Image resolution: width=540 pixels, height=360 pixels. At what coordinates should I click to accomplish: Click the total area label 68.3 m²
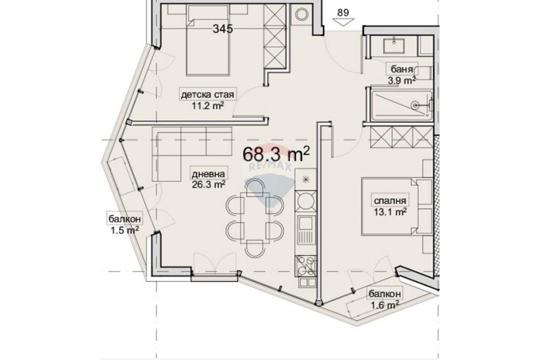(x=276, y=154)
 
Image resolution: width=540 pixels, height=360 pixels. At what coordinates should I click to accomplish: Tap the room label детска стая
(x=208, y=94)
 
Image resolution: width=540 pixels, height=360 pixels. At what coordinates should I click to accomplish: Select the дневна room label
(x=208, y=174)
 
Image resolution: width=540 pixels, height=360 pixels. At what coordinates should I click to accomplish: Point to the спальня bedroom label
(x=390, y=200)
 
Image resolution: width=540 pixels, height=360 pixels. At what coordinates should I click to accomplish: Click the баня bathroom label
(x=402, y=69)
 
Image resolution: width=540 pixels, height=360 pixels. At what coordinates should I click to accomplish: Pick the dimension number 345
(x=222, y=29)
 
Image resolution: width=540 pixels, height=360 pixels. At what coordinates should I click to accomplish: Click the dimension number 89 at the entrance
(x=343, y=13)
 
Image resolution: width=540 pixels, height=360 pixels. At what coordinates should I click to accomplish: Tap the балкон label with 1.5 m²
(x=125, y=219)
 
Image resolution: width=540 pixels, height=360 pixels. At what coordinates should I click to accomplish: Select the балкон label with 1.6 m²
(x=384, y=294)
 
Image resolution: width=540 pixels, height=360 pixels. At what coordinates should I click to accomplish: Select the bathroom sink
(x=395, y=45)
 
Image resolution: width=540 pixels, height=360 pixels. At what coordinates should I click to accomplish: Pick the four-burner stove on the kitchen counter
(x=306, y=266)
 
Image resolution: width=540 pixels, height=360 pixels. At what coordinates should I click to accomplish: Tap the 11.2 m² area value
(x=208, y=105)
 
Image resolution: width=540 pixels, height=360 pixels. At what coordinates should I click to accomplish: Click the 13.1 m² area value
(x=390, y=212)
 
